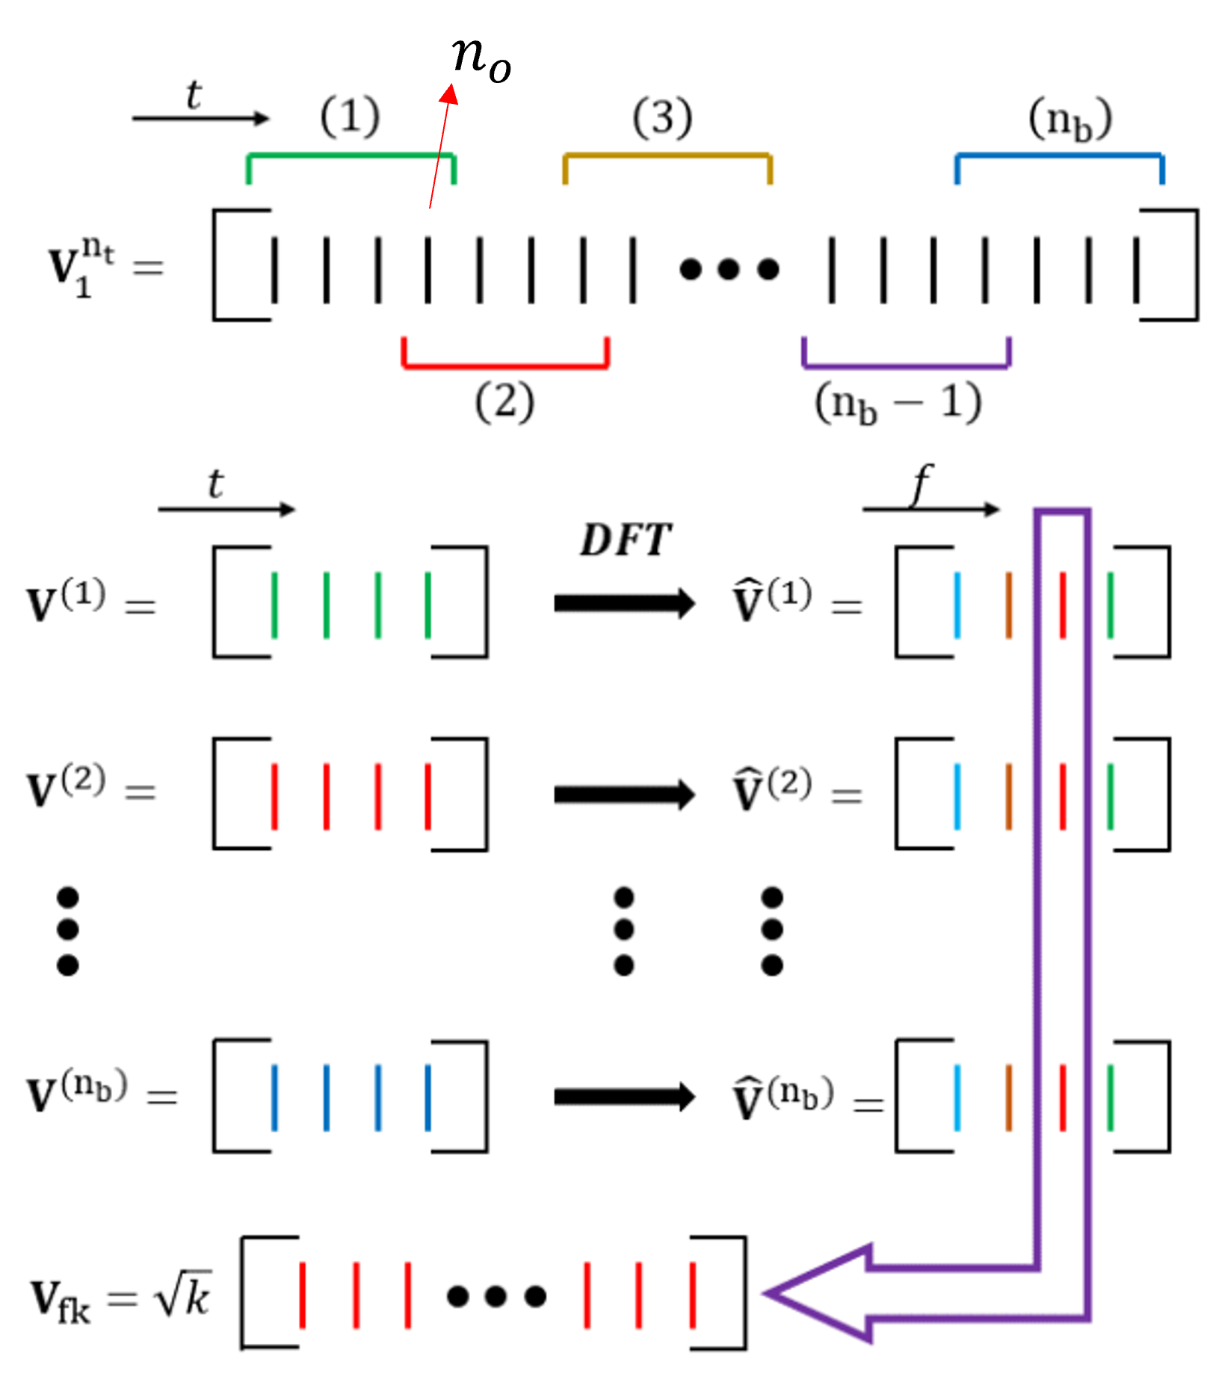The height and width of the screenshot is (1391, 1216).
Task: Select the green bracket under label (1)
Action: (x=351, y=156)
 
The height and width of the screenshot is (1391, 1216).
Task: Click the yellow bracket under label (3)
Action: (x=667, y=156)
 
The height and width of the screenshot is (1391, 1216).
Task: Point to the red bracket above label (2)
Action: (x=505, y=366)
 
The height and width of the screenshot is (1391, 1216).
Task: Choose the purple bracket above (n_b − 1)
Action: (x=906, y=366)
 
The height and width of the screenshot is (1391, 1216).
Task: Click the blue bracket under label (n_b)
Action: (x=1059, y=156)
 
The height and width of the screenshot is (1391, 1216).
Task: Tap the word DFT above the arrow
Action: (x=626, y=540)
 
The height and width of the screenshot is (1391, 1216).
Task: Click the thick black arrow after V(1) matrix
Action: (x=624, y=603)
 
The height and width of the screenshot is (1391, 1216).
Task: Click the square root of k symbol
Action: (x=183, y=1295)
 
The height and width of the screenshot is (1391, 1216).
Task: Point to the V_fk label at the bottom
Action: (x=60, y=1301)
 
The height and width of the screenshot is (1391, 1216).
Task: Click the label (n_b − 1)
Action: (x=898, y=404)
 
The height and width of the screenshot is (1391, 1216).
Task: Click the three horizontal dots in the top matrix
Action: (x=729, y=269)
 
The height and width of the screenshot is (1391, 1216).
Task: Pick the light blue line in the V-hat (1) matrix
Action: (x=957, y=605)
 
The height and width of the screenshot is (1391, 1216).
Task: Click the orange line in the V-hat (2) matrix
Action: (x=1009, y=797)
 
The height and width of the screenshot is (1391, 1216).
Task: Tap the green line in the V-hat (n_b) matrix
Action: (x=1111, y=1097)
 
